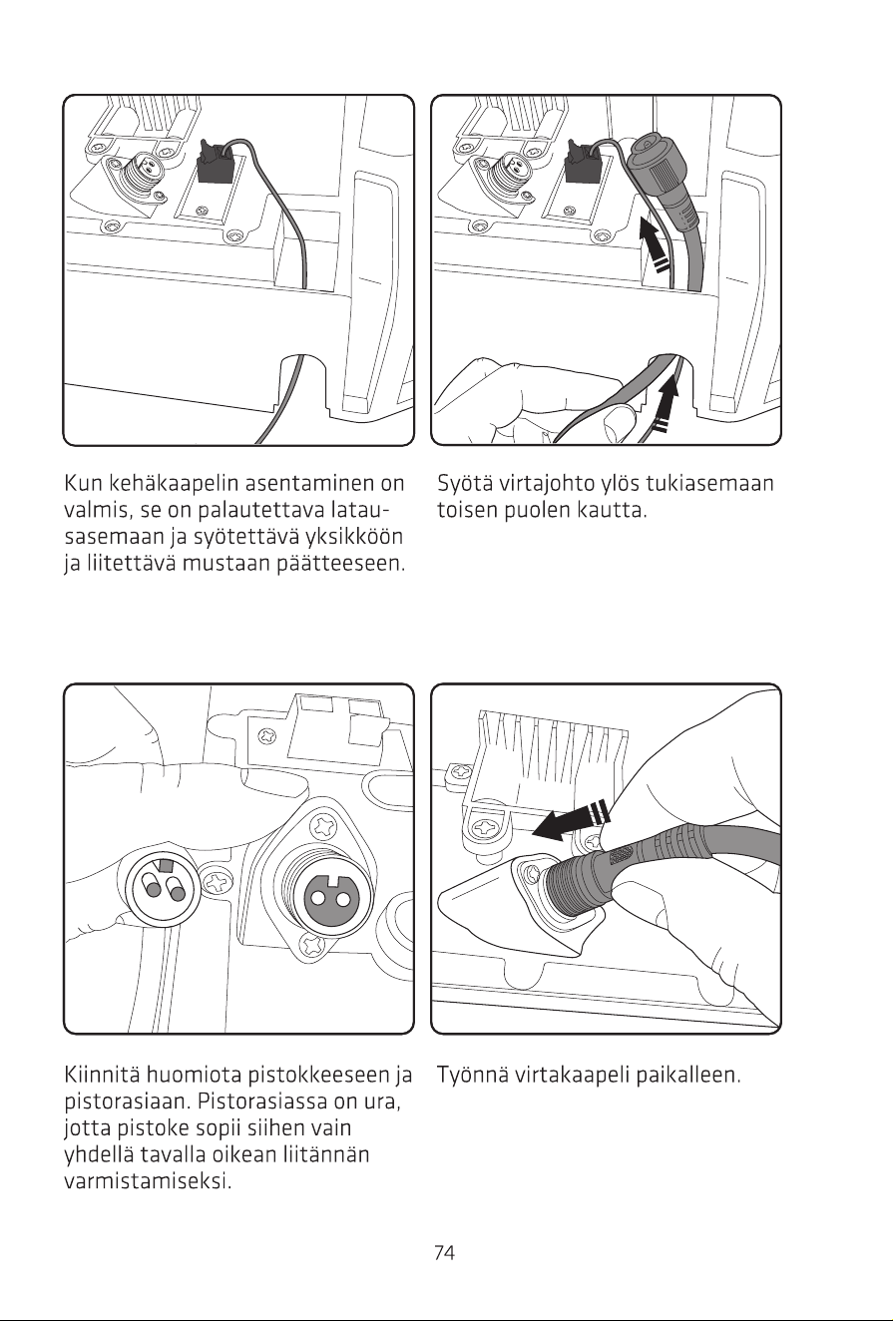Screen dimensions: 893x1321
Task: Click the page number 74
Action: pos(444,1252)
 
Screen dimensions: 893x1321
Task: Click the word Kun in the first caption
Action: pos(83,483)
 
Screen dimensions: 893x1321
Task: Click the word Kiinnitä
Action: pos(102,1074)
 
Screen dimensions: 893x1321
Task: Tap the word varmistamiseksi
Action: pos(148,1181)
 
